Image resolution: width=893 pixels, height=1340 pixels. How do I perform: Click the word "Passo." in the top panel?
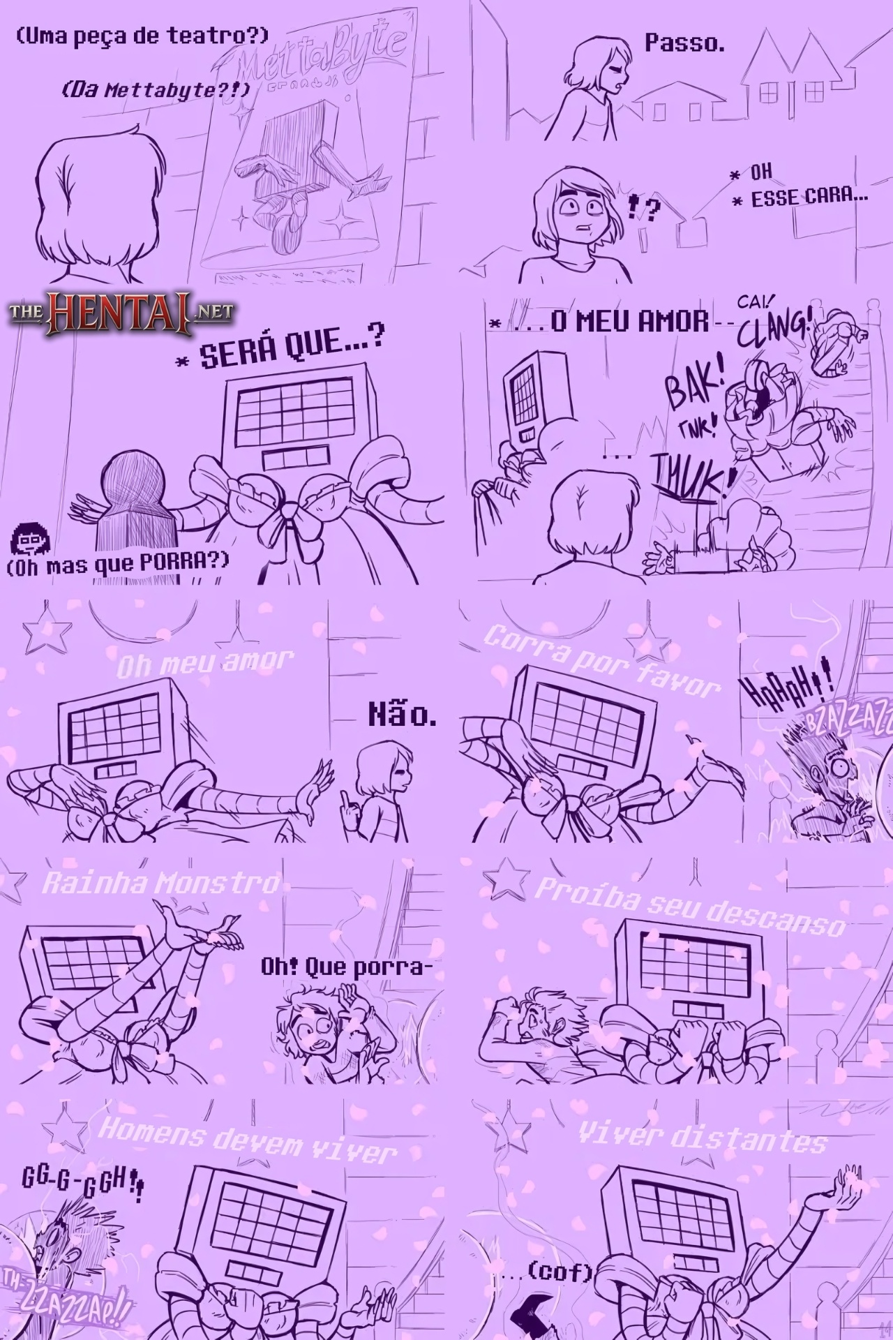[684, 44]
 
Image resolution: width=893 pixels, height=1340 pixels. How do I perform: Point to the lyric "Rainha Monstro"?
[160, 884]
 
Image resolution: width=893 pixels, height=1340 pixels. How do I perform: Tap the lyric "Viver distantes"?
[701, 1138]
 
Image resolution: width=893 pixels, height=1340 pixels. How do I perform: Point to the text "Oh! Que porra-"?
[342, 967]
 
